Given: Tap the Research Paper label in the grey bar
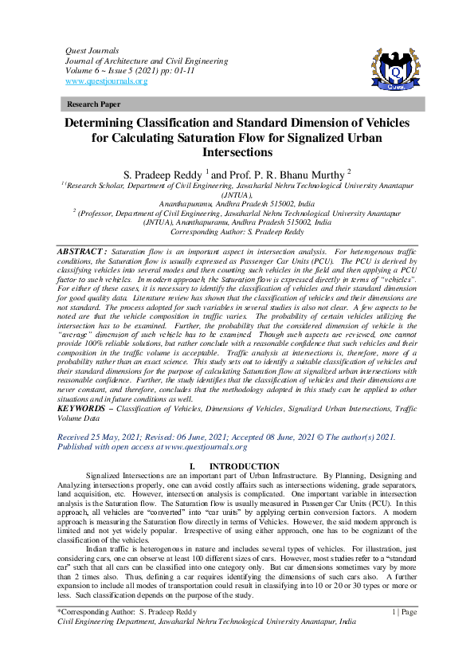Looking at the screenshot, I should [x=93, y=104].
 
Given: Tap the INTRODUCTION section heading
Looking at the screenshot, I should [x=244, y=466].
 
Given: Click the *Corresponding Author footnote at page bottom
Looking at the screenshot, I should [x=127, y=612].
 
